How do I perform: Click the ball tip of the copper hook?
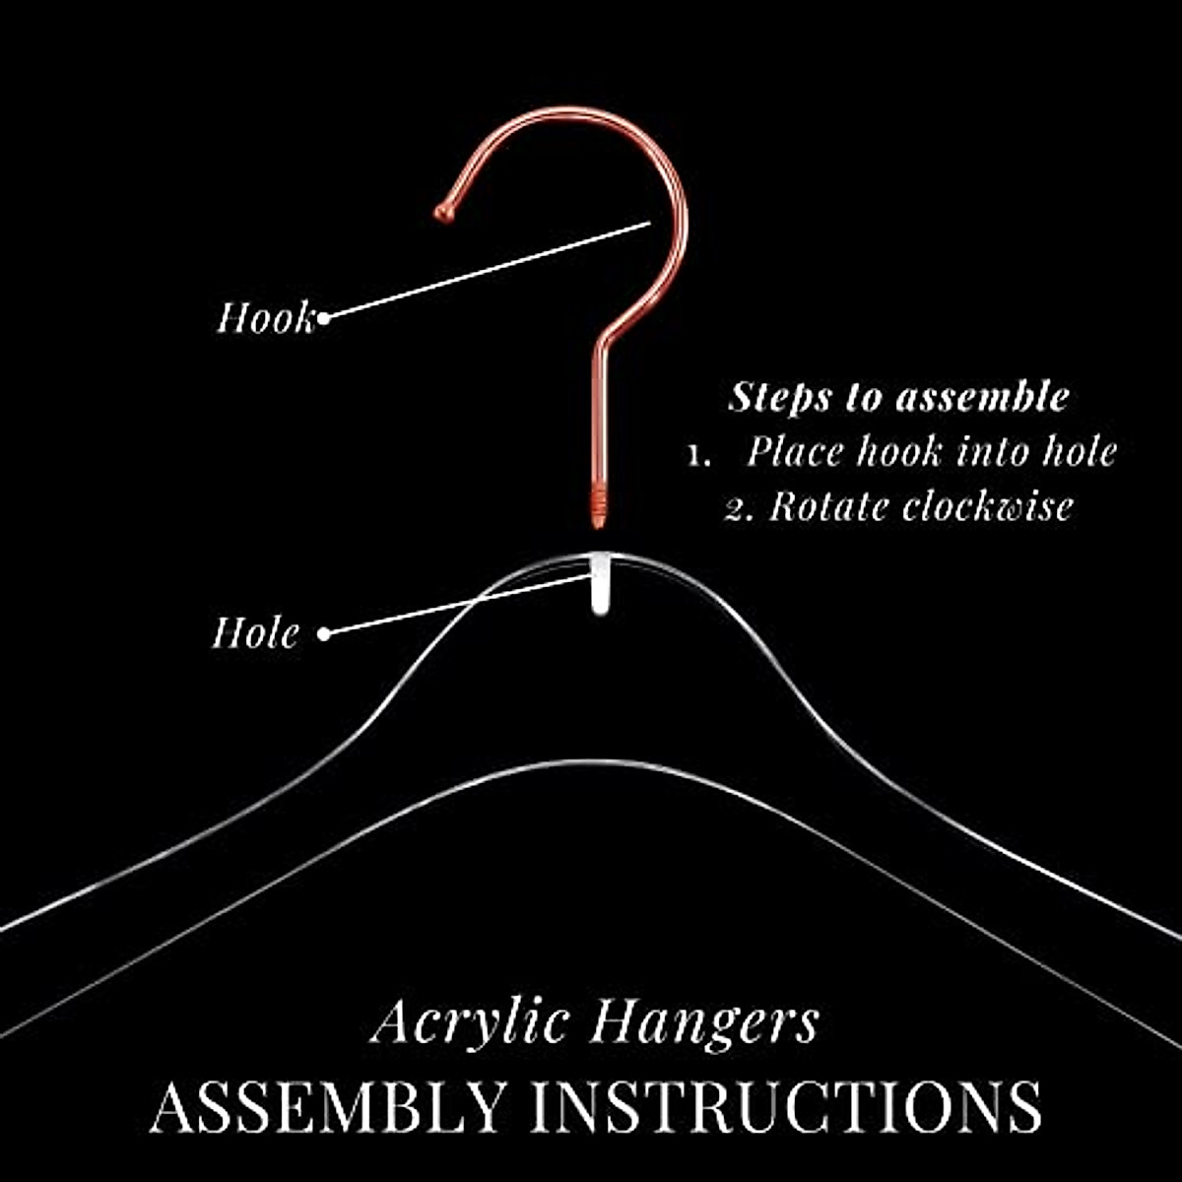coord(444,211)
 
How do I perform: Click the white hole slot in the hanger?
coord(599,585)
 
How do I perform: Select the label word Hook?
coord(264,318)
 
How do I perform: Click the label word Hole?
coord(255,632)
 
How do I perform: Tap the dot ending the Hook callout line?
coord(323,317)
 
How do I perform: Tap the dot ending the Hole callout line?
coord(323,633)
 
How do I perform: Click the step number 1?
coord(699,455)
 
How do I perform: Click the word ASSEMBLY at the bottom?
coord(329,1106)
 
